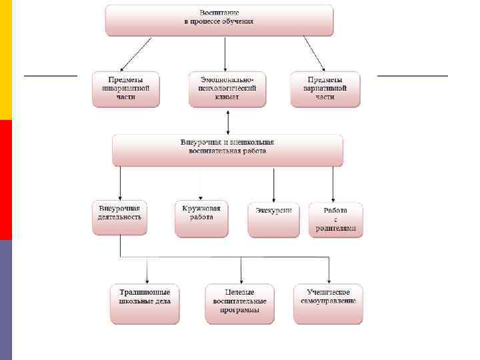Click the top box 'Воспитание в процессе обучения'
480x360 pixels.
[x=219, y=20]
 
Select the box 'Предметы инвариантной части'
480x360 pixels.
[x=126, y=89]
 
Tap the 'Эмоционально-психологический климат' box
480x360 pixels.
[x=227, y=89]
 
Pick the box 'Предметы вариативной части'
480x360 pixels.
[x=325, y=89]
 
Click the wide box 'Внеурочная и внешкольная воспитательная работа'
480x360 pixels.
[x=227, y=150]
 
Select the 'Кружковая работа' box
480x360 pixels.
[x=201, y=219]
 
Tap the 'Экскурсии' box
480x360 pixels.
[x=274, y=219]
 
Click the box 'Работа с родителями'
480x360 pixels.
[x=336, y=219]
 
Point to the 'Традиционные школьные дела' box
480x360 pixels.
[x=145, y=304]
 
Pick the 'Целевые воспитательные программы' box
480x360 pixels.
[x=240, y=304]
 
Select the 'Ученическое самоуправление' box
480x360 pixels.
[x=328, y=304]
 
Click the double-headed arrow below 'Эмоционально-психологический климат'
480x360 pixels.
[x=228, y=121]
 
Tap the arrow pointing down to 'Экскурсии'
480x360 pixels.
[x=274, y=183]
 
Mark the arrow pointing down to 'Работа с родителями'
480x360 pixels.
[x=333, y=183]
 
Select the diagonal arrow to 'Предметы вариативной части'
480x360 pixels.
[x=314, y=53]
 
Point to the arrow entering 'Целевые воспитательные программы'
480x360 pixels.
[x=241, y=270]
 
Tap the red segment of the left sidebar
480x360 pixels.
[x=6, y=180]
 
